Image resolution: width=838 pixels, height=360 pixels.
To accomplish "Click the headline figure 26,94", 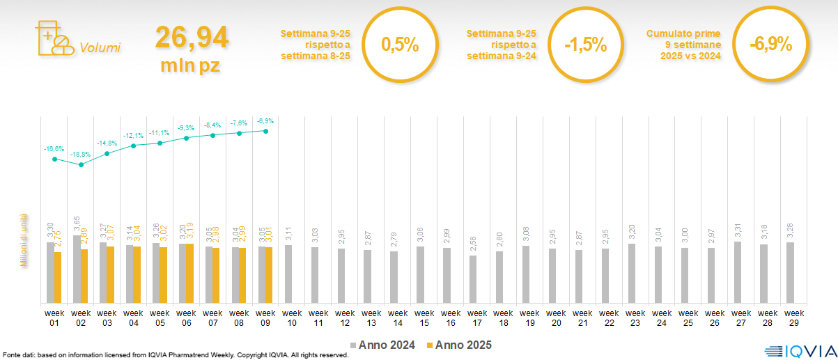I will (x=192, y=37).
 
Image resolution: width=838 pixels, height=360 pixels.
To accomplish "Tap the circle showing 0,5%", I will (x=400, y=45).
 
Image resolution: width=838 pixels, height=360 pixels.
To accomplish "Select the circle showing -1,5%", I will (x=585, y=45).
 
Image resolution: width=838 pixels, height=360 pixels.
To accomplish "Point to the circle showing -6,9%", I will (x=770, y=45).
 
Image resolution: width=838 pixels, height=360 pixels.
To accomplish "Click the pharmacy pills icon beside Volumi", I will (x=53, y=39).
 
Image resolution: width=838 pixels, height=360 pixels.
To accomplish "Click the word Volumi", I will (x=100, y=48).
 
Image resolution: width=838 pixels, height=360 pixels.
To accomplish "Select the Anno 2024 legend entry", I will (x=382, y=345).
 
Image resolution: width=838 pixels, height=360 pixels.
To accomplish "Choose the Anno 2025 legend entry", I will (x=459, y=345).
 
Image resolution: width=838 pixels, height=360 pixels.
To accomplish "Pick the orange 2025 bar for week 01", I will (x=58, y=277).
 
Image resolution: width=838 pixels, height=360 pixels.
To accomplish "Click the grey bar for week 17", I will (x=474, y=279).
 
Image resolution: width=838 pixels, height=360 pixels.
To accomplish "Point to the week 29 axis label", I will (x=791, y=317).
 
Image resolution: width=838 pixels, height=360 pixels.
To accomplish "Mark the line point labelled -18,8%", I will (x=82, y=165).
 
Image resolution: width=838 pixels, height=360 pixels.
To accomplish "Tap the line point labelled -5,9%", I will (x=266, y=130).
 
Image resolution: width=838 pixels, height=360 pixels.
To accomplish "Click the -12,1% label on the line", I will (x=134, y=135).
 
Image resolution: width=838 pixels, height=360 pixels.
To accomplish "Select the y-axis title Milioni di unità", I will (x=23, y=240).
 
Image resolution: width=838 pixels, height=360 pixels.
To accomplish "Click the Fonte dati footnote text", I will (x=175, y=355).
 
